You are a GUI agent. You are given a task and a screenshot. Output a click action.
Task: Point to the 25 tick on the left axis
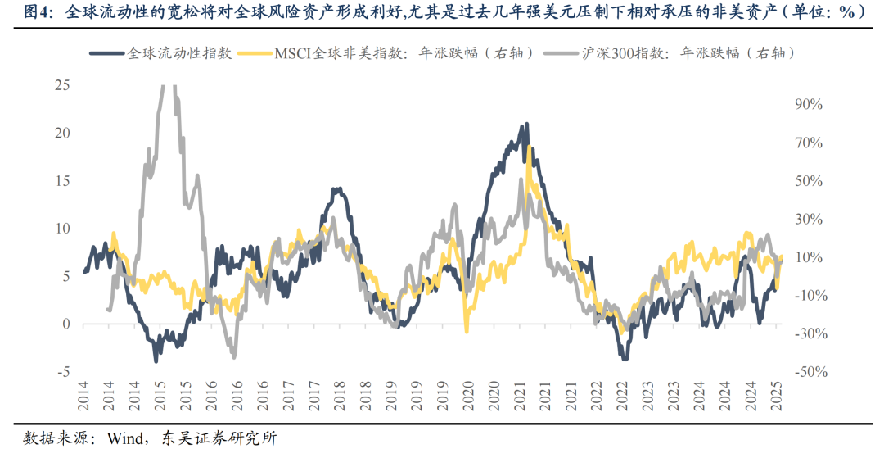[61, 85]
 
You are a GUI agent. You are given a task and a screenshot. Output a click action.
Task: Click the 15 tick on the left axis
[61, 181]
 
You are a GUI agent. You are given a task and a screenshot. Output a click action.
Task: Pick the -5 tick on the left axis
[63, 372]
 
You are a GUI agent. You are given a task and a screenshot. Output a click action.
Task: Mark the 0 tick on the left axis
[66, 324]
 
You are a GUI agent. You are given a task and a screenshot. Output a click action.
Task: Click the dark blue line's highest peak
[526, 125]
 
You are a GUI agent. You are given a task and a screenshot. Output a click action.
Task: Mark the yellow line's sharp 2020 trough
[467, 331]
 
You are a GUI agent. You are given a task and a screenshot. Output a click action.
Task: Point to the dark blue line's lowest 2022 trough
[625, 358]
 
